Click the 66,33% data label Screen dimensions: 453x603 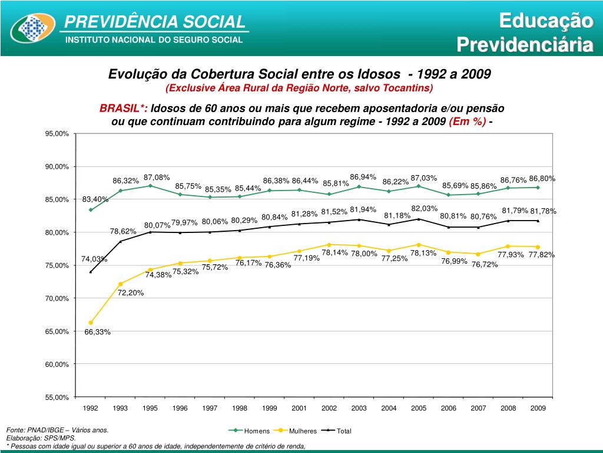[97, 332]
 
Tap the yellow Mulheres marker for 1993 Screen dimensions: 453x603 [120, 284]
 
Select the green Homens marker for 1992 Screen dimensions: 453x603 [91, 209]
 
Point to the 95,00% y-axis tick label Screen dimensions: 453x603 [57, 134]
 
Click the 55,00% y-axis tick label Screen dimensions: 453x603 [57, 398]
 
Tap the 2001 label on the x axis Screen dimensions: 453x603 [299, 408]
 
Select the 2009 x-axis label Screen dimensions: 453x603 [538, 408]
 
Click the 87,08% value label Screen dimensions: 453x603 [157, 177]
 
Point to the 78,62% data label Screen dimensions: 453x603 [123, 231]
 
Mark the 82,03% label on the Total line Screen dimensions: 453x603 [424, 208]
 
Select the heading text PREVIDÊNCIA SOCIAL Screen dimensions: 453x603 [154, 22]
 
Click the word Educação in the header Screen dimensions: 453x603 [545, 21]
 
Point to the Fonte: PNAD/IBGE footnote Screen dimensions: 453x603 [57, 430]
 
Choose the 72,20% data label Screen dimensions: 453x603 [131, 293]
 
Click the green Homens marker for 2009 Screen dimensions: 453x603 [538, 188]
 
